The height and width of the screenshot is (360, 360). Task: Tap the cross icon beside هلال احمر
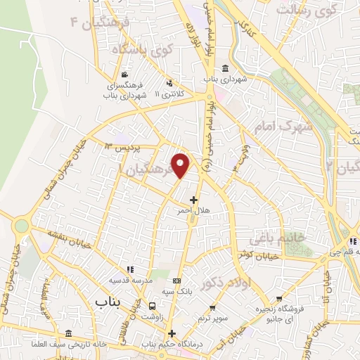click(x=193, y=200)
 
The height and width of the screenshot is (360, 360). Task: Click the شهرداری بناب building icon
click(x=225, y=68)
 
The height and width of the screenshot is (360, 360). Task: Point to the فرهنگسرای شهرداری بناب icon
click(x=124, y=75)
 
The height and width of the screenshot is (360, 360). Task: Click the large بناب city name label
click(x=106, y=300)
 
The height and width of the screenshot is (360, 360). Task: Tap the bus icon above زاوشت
click(x=153, y=307)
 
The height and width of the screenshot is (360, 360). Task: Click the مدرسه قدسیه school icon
click(x=129, y=269)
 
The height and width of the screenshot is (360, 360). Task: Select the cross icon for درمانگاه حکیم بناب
click(x=171, y=333)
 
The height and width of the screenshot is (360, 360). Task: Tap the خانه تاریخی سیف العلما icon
click(x=68, y=333)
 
